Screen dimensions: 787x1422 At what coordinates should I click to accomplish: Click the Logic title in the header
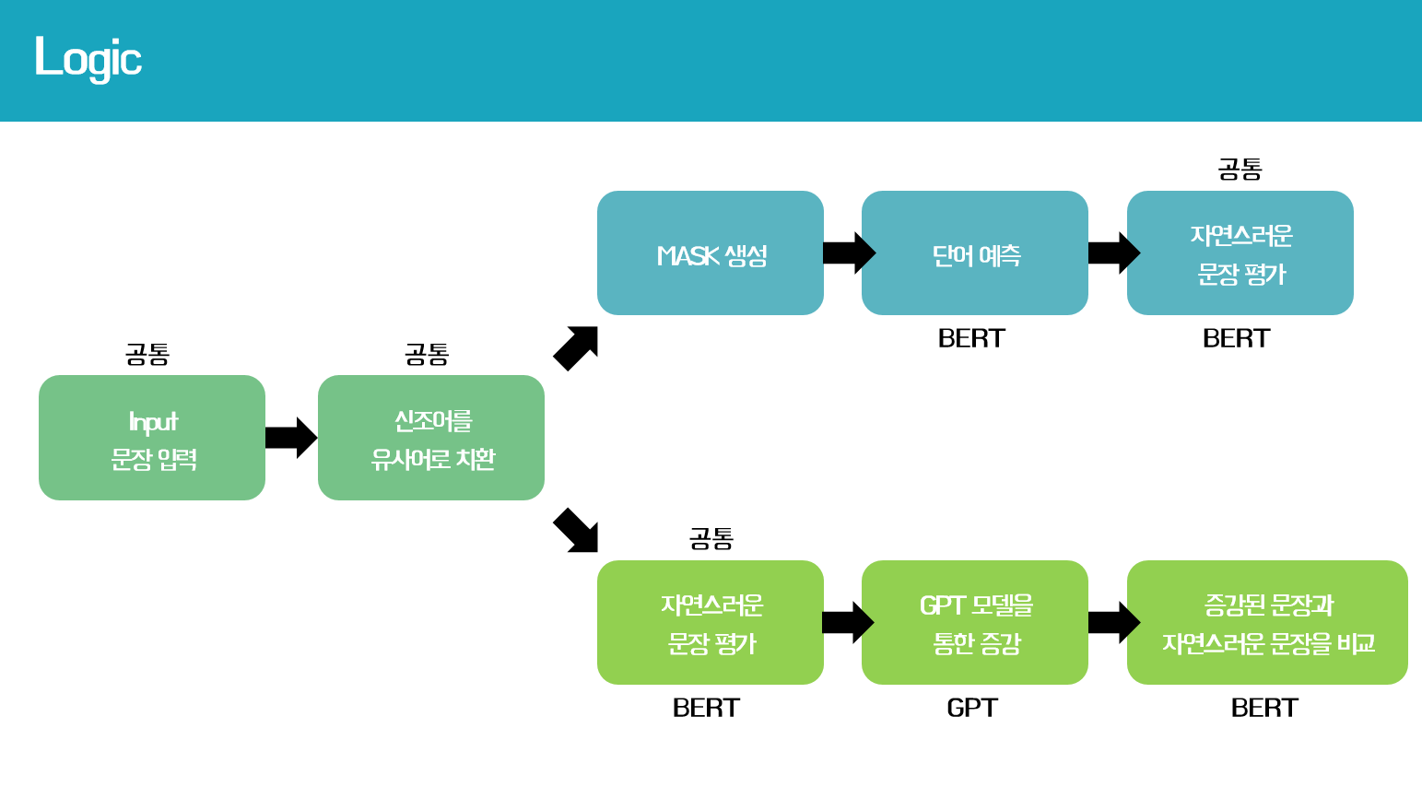(88, 58)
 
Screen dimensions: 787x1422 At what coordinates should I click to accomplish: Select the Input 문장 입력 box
(152, 438)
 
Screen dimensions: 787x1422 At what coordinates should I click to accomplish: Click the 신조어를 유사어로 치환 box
(431, 438)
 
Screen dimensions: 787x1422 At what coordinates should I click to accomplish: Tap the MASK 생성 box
(711, 253)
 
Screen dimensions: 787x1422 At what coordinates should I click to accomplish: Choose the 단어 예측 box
(975, 253)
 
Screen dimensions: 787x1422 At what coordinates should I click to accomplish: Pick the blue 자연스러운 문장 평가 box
(1240, 253)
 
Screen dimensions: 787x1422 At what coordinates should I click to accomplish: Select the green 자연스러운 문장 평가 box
(711, 623)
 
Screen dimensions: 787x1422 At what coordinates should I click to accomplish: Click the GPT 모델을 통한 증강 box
(975, 623)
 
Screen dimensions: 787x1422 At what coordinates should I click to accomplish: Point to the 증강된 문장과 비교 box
(1267, 623)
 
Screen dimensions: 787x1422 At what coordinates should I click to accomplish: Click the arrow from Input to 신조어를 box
(291, 438)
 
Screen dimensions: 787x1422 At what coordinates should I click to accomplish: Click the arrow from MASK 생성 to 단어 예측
(848, 253)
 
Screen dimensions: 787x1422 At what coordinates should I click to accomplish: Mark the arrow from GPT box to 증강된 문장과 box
(1113, 622)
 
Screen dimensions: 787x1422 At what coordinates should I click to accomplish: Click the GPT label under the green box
(972, 708)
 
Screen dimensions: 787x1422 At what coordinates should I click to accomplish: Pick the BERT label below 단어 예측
(971, 338)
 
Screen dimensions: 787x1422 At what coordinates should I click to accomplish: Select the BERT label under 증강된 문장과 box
(1264, 708)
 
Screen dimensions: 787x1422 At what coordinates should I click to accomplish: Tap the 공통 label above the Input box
(147, 354)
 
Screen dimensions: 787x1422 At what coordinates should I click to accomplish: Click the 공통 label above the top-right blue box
(1240, 169)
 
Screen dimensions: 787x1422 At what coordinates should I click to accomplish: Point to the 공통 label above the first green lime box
(711, 538)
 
